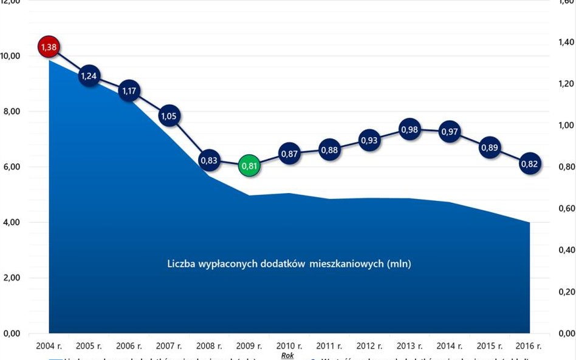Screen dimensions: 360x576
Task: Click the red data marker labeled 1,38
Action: (x=48, y=47)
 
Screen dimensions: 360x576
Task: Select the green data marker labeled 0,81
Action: (x=249, y=165)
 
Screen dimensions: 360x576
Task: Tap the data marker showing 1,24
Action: (x=89, y=76)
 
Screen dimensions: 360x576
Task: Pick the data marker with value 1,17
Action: (x=129, y=91)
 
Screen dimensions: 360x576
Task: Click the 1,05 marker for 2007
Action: (x=169, y=116)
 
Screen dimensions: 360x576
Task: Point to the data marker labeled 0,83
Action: (x=209, y=160)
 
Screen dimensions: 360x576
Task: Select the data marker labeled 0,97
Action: (x=449, y=131)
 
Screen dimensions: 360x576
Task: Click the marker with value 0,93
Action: (x=369, y=140)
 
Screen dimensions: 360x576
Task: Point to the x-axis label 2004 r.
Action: (x=49, y=346)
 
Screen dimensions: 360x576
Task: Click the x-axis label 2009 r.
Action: (x=249, y=346)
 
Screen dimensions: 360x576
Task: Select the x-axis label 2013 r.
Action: (x=409, y=346)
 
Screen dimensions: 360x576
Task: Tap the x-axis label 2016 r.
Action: (x=529, y=346)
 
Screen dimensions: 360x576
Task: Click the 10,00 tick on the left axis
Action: (x=11, y=56)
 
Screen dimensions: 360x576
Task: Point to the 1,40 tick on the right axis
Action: (x=566, y=42)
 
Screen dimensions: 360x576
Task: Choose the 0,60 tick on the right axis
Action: (x=566, y=209)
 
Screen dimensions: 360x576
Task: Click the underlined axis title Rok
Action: (x=287, y=356)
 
